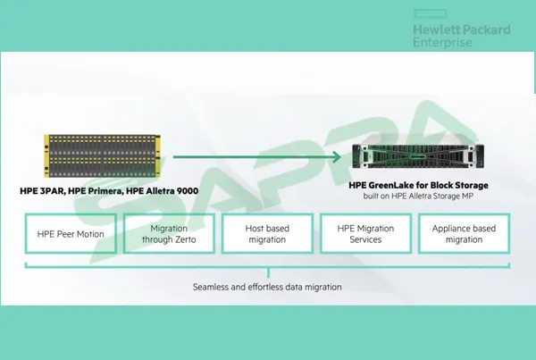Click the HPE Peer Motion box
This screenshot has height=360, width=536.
pos(71,234)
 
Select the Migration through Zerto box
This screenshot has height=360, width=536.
pos(169,234)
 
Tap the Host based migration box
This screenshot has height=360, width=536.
pos(267,234)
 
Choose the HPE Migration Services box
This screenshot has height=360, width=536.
pos(365,234)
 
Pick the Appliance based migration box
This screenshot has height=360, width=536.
pos(464,234)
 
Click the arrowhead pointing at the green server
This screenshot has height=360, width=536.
pos(337,157)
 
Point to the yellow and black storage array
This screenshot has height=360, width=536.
pos(102,156)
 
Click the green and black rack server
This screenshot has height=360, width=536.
pos(418,156)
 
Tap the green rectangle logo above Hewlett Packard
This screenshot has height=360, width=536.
pos(430,13)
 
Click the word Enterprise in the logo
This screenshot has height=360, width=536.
pos(443,42)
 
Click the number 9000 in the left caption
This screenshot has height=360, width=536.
pos(187,191)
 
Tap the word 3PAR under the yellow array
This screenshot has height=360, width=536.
pos(53,191)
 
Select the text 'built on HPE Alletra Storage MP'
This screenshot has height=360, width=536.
pos(418,196)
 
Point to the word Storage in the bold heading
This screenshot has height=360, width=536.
pos(471,185)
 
